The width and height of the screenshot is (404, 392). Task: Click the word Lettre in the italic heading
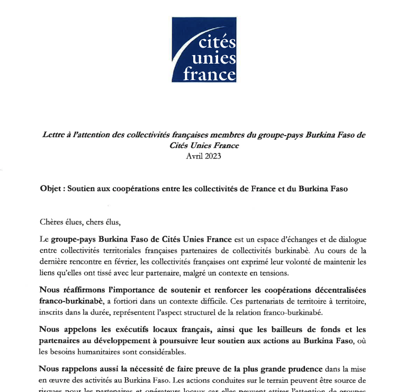click(55, 135)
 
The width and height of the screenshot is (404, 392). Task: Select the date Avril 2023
click(203, 156)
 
